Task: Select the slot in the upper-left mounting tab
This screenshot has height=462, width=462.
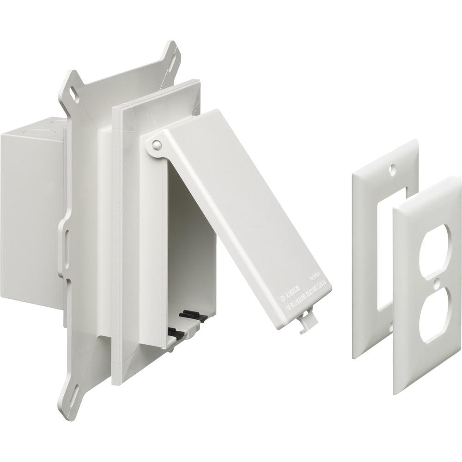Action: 73,90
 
